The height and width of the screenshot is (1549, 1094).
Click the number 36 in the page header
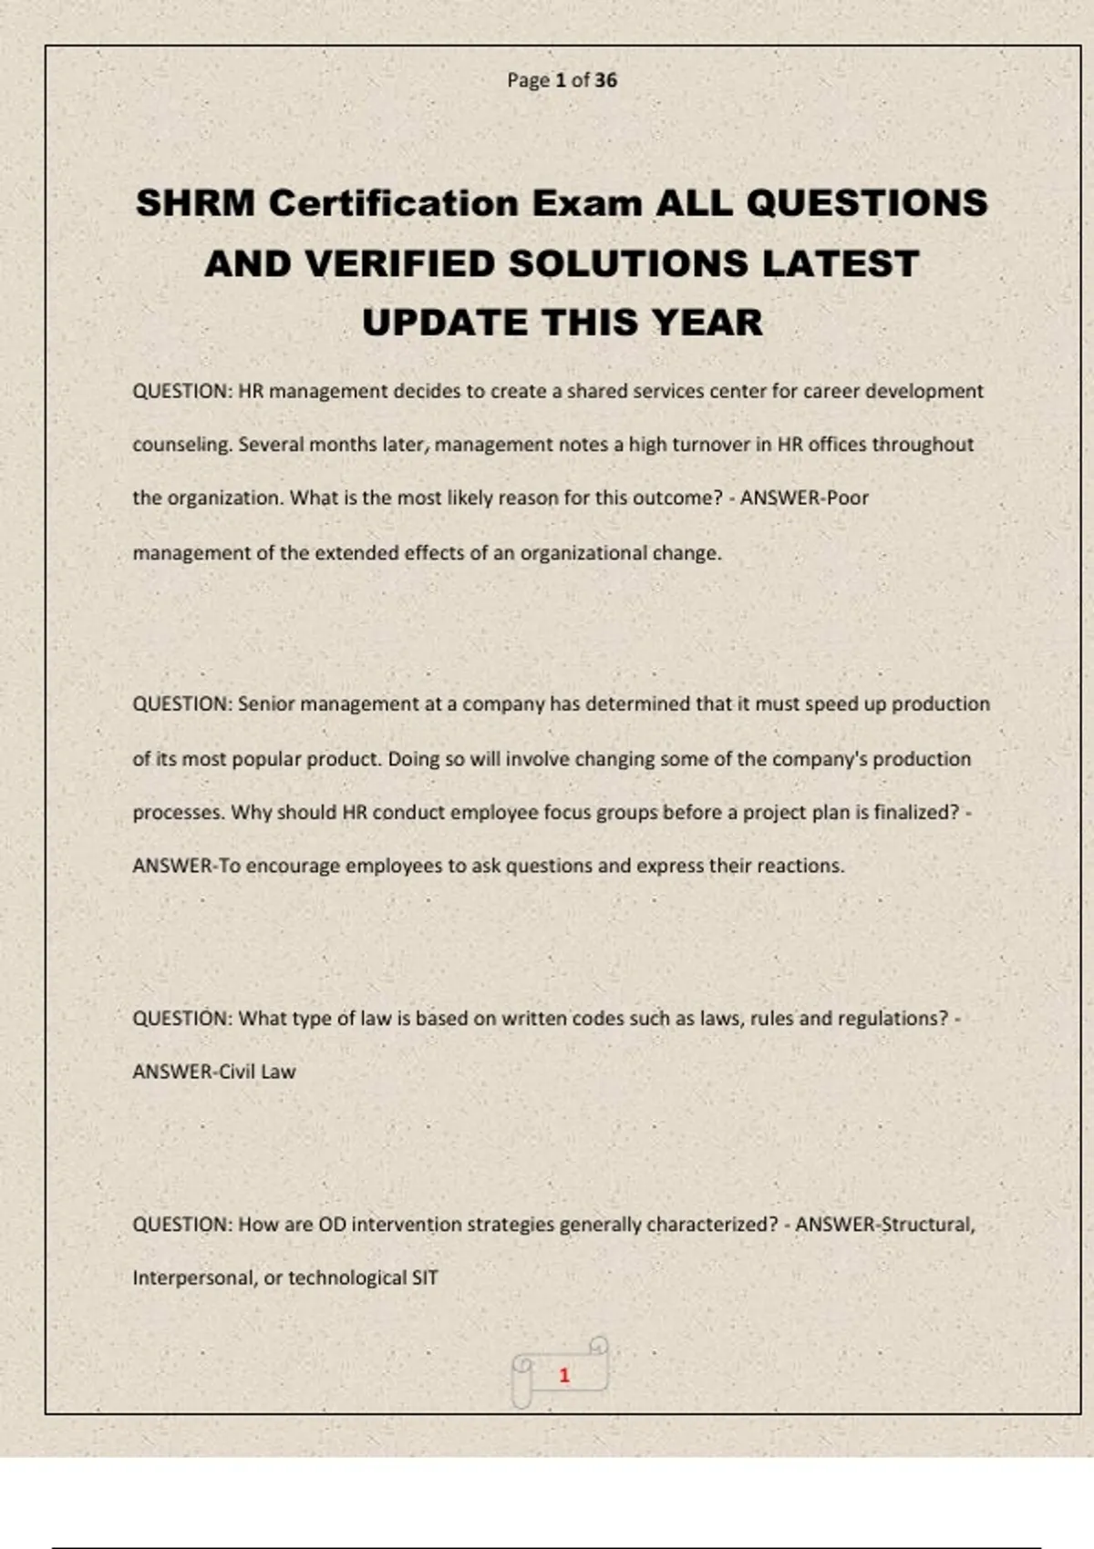point(605,80)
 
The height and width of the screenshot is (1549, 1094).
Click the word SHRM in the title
point(195,203)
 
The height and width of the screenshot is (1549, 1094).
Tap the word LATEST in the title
point(840,264)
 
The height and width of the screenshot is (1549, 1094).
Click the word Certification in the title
point(394,203)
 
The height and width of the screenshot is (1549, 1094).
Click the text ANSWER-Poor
point(804,498)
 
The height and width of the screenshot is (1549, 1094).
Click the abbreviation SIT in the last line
point(425,1278)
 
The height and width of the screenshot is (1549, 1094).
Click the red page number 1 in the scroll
point(564,1375)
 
